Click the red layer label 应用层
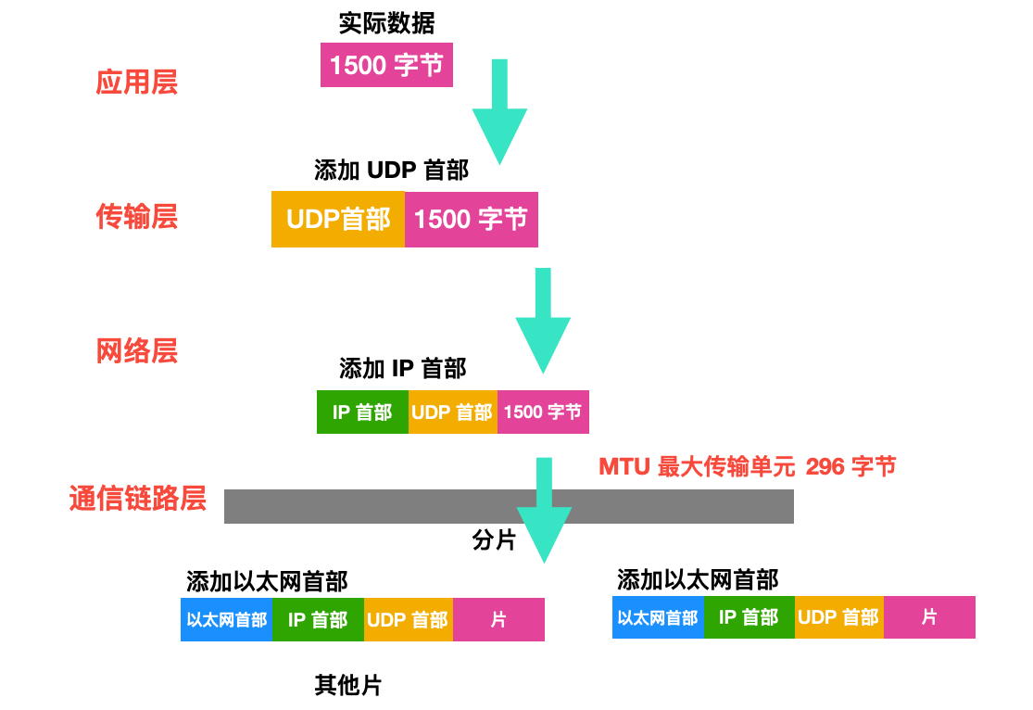137,82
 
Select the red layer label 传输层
137,217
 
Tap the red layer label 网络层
137,351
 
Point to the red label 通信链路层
137,499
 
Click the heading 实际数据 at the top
386,22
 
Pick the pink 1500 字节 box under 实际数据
386,65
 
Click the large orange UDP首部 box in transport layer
338,220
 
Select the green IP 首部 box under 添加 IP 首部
362,412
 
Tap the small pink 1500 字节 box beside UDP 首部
543,412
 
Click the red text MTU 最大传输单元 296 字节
747,466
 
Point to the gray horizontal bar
371,506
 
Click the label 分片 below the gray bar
494,540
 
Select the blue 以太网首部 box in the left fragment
226,620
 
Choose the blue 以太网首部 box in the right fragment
658,617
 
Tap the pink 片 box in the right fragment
929,617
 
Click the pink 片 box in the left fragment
498,620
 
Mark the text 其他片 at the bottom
348,686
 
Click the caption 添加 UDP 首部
391,170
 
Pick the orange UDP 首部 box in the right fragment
838,617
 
